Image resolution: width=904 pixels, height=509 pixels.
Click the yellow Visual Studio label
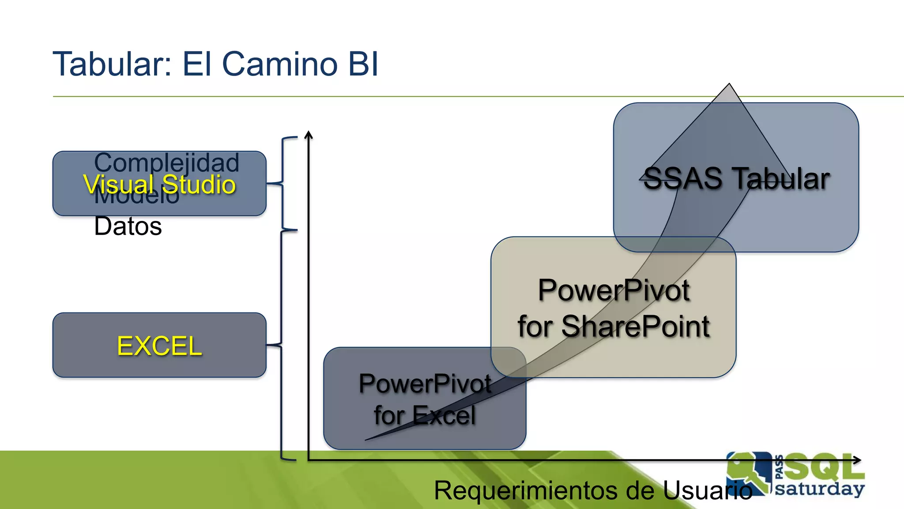[x=159, y=185]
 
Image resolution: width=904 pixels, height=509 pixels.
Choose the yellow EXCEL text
[x=159, y=346]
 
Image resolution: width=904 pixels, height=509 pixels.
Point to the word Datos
[x=128, y=227]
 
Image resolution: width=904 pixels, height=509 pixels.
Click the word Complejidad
[x=167, y=163]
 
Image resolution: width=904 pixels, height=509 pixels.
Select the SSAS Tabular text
[x=736, y=179]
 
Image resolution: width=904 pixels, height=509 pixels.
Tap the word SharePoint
[x=636, y=327]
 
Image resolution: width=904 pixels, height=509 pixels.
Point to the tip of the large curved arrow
[x=729, y=85]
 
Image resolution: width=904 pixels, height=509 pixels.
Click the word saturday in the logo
[x=819, y=489]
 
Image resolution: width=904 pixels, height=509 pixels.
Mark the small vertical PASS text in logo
[x=779, y=467]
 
